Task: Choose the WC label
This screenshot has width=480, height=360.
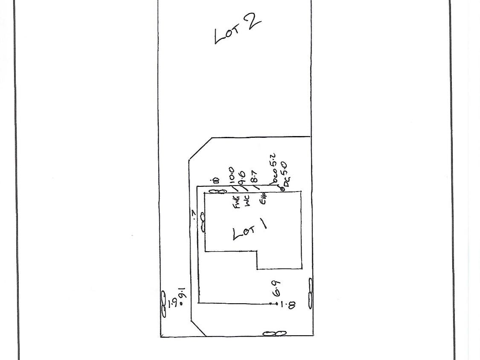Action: (x=248, y=201)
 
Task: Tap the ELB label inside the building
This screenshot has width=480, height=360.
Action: (x=263, y=199)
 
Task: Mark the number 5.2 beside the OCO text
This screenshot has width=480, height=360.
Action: (x=274, y=161)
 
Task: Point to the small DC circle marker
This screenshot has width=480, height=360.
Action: (x=282, y=188)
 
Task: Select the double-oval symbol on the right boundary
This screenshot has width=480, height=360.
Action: (x=310, y=293)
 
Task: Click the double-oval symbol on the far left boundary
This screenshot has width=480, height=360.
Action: (x=163, y=304)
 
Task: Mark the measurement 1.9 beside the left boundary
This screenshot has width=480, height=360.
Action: (x=173, y=304)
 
